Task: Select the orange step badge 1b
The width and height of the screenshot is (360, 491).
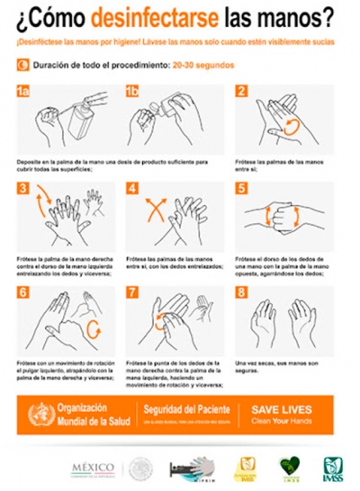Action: [134, 92]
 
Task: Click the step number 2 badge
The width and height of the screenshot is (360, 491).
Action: [241, 92]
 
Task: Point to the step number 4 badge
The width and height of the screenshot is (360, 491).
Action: [133, 188]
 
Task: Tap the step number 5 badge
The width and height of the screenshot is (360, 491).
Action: [241, 188]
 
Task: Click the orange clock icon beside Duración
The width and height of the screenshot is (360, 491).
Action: [22, 66]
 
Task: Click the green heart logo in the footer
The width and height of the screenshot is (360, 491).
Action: [289, 466]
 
